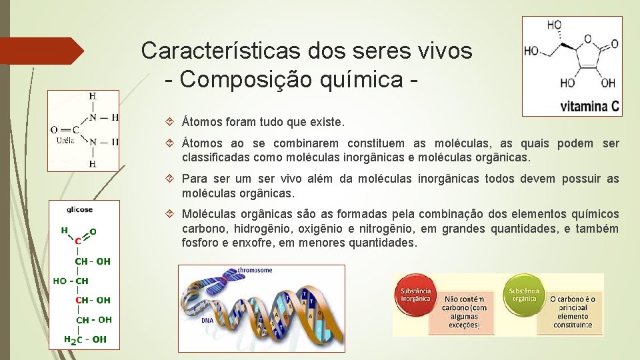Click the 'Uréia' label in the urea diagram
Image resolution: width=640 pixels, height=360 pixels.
65,141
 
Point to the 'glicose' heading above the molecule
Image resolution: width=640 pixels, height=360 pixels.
79,209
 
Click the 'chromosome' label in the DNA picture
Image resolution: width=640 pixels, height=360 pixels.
255,271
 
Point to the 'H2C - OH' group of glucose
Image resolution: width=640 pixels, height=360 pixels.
85,339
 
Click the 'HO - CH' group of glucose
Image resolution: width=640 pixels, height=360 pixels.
71,281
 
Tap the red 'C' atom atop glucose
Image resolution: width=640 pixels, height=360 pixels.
79,241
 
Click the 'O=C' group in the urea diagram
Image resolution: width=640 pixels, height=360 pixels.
65,129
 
